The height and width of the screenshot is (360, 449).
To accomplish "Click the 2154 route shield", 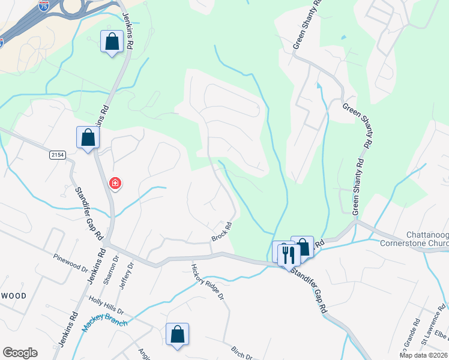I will pos(57,155).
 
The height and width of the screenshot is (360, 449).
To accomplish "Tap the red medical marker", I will pos(115,183).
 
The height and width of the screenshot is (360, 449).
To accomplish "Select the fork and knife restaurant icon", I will pos(289,254).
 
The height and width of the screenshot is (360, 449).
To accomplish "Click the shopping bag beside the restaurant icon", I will pos(303,247).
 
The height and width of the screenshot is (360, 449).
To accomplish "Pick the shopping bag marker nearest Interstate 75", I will pos(112,42).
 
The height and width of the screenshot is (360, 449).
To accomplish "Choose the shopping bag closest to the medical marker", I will pos(88,137).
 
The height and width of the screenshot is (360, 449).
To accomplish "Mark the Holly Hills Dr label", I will pos(106,307).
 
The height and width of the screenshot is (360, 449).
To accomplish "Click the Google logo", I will pos(20,352).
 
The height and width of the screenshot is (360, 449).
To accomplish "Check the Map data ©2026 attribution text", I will pos(423,355).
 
